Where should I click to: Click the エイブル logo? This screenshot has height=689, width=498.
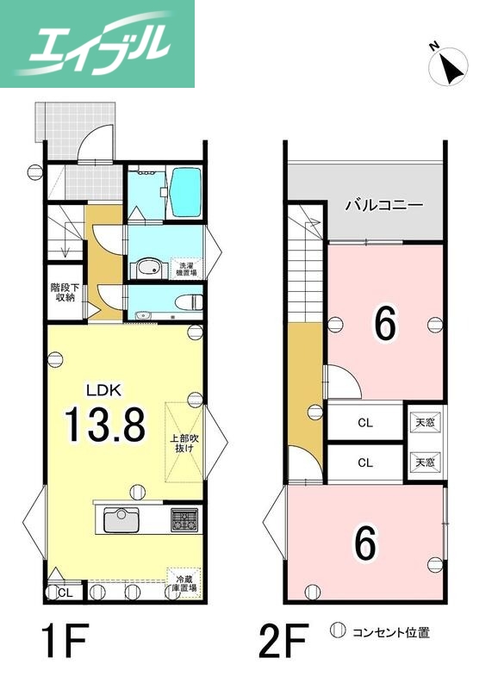(97, 44)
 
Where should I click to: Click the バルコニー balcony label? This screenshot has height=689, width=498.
(384, 206)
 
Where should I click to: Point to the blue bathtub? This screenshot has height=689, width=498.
(184, 192)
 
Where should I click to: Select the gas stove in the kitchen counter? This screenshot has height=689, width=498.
(184, 520)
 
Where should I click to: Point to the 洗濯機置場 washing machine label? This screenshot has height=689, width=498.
(185, 268)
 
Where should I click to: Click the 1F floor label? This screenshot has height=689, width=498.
(65, 641)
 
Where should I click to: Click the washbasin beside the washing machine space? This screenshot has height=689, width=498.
(148, 267)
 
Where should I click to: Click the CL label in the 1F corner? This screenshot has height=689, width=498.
(65, 593)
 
